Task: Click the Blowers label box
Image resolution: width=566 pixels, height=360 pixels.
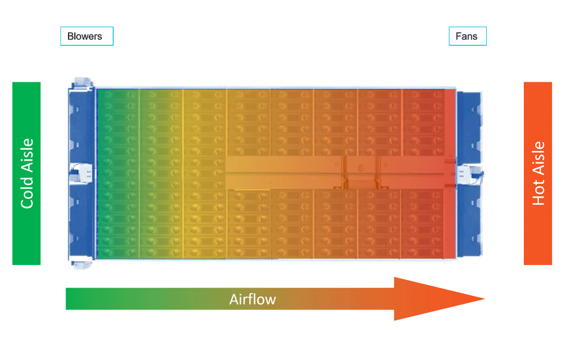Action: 87,36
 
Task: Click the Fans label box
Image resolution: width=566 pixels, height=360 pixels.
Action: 467,36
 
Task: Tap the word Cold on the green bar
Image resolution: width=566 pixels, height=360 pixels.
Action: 27,193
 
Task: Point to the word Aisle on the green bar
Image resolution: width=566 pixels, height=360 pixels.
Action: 27,155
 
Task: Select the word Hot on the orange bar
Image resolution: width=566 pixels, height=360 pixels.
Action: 538,193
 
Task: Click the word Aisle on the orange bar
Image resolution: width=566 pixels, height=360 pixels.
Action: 538,158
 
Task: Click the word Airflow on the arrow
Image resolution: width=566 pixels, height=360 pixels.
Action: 253,300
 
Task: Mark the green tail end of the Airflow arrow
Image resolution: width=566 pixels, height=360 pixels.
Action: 66,298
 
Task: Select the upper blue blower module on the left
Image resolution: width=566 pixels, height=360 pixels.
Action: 82,127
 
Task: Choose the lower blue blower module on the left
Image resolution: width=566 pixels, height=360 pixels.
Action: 82,222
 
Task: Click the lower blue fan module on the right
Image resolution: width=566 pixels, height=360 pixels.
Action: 469,220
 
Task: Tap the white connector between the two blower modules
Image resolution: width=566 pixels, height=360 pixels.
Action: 81,174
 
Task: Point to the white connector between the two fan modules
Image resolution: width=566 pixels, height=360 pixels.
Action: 470,174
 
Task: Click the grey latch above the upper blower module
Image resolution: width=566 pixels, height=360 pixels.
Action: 82,82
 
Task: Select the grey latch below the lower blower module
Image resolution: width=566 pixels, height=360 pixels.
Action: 82,265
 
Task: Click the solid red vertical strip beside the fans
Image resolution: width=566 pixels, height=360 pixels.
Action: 450,173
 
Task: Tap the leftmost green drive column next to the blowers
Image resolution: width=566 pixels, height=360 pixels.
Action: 118,174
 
